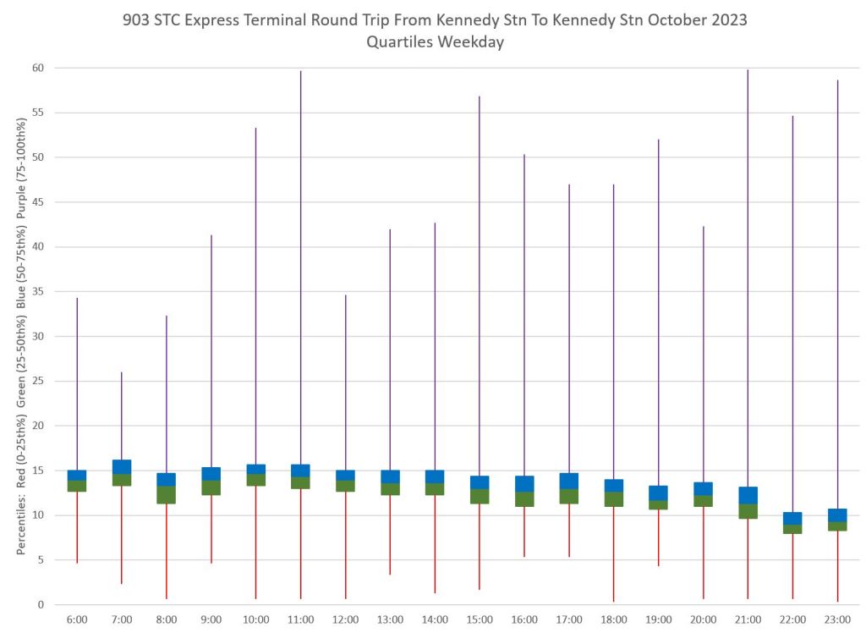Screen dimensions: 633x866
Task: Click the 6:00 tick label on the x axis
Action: (77, 619)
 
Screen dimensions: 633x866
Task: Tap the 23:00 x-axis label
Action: (837, 619)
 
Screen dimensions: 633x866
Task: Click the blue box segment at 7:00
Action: (122, 467)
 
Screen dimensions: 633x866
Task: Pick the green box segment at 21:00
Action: (748, 511)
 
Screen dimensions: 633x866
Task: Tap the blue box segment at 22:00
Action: (792, 518)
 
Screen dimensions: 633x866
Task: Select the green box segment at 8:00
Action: (167, 495)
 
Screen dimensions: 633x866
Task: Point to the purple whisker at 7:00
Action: (122, 416)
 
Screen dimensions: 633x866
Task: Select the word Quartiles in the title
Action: (399, 42)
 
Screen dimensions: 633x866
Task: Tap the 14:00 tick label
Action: (435, 619)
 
